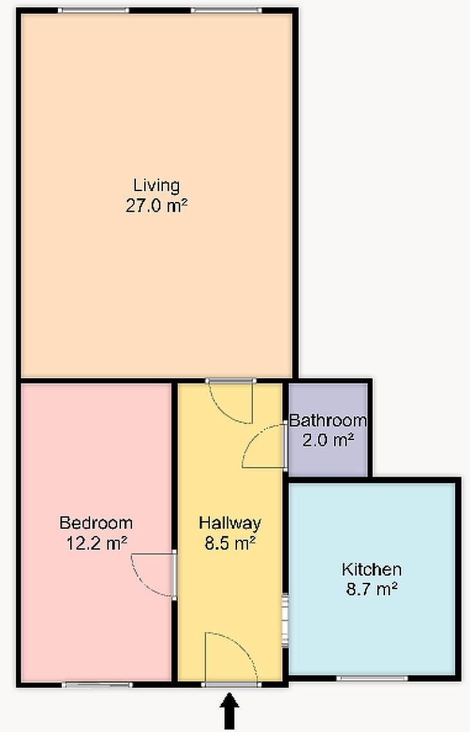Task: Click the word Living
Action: coord(156,186)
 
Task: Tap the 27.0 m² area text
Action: coord(156,205)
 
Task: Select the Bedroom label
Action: coord(96,523)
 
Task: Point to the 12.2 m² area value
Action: coord(97,543)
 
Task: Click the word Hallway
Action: coord(230,523)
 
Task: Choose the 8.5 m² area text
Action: coord(230,543)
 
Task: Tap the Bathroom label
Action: coord(328,421)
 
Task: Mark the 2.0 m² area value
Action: coord(328,440)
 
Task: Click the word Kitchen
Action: coord(371,569)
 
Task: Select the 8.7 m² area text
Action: coord(371,589)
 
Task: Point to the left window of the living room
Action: coord(93,10)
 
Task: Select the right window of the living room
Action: coord(226,10)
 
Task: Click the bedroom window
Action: coord(97,685)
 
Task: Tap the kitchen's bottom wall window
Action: coord(372,678)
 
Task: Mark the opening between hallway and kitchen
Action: coord(285,619)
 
